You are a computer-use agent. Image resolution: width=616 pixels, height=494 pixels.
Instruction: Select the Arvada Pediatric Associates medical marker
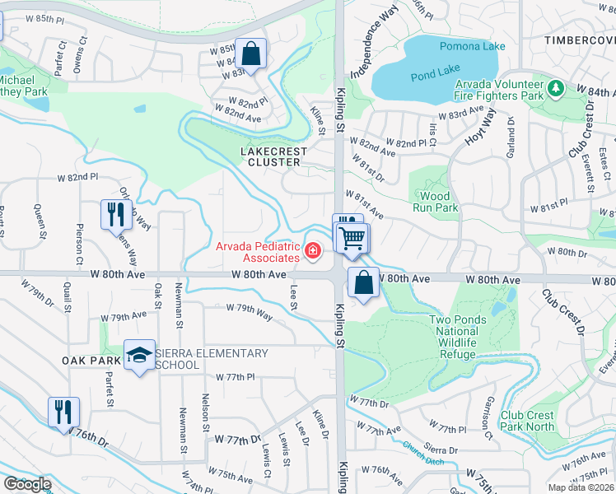[x=313, y=251]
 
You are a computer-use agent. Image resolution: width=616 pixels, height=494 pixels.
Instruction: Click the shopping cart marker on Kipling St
[x=352, y=239]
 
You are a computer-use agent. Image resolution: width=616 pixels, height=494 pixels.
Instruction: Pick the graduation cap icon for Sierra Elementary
[x=139, y=355]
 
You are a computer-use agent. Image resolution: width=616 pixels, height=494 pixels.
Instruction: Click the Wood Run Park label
[x=435, y=203]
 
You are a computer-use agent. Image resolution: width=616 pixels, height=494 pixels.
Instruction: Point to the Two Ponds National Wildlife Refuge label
[x=453, y=337]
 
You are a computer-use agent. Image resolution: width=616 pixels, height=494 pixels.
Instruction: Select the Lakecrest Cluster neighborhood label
[x=273, y=156]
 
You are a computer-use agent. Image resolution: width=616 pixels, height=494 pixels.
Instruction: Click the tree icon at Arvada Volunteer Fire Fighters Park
[x=555, y=86]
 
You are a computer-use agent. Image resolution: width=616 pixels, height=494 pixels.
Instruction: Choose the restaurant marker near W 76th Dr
[x=64, y=410]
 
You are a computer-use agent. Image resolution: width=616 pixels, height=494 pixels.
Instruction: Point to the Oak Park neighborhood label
[x=91, y=361]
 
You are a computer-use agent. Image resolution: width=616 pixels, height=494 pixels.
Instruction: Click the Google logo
[x=27, y=484]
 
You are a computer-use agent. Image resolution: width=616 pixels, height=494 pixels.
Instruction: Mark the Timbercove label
[x=580, y=40]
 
